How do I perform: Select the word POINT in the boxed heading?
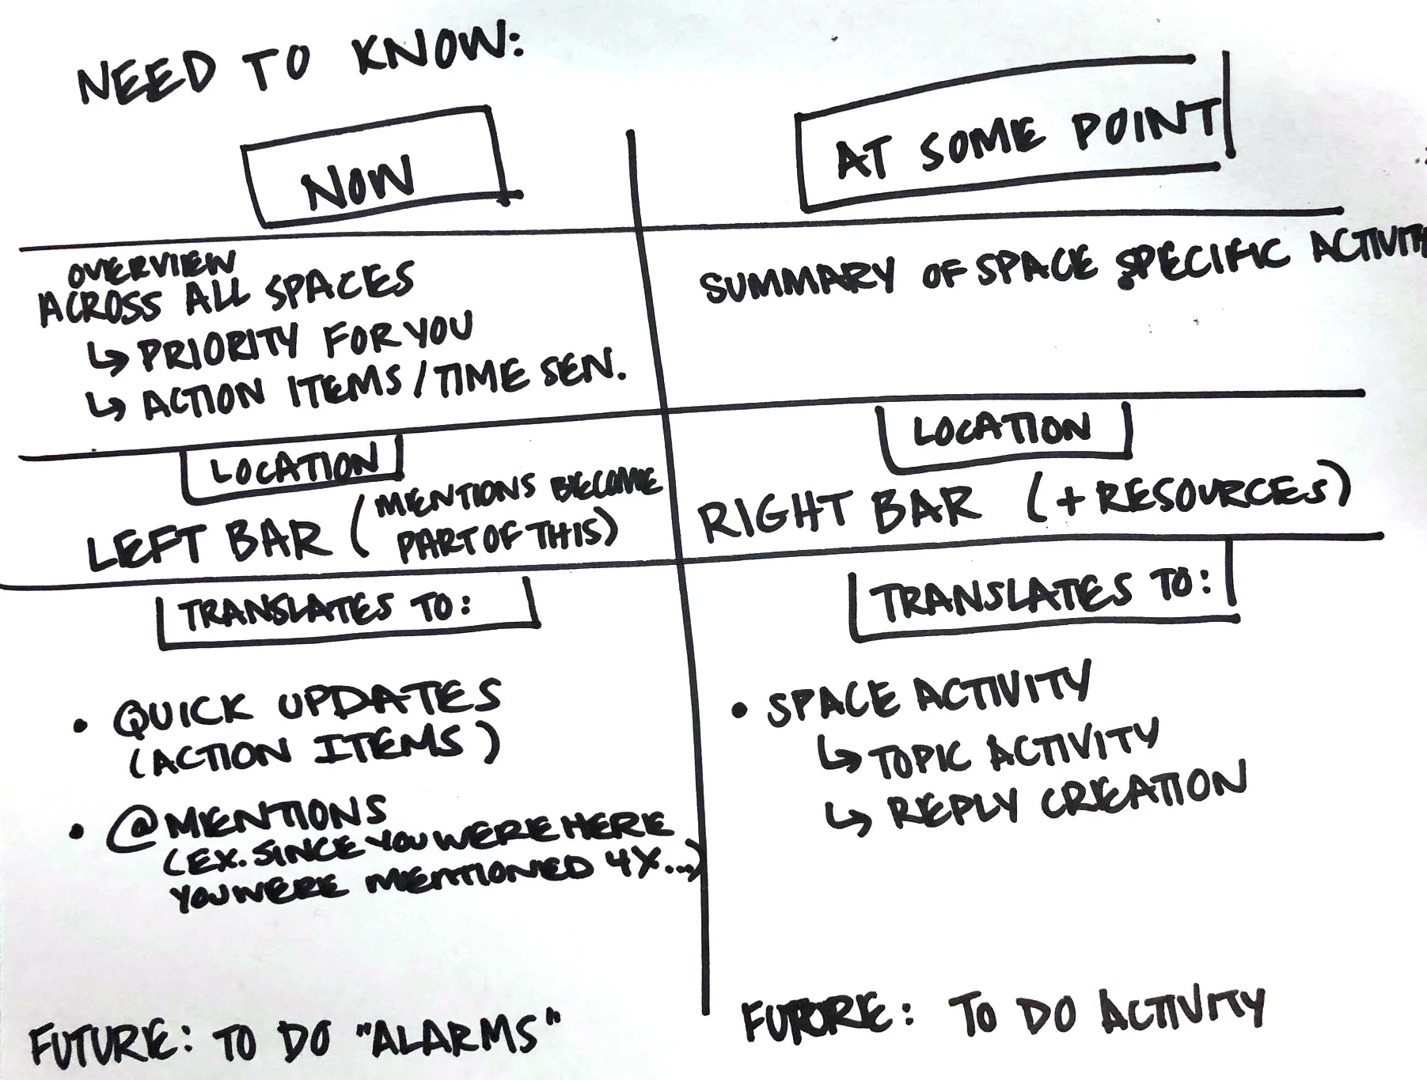point(1143,127)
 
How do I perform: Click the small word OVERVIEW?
point(150,269)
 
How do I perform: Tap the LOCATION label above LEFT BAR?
point(293,469)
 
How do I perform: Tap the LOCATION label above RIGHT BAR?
point(1001,430)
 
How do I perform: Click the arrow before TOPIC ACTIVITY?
point(840,756)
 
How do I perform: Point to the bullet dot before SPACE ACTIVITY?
point(739,710)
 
